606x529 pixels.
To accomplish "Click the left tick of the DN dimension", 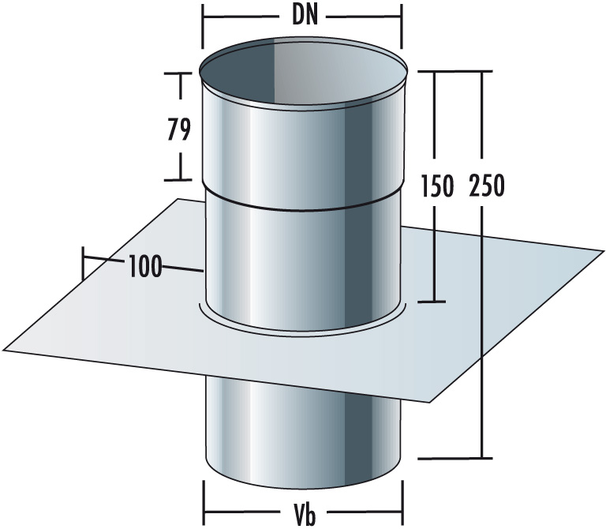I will click(x=203, y=25).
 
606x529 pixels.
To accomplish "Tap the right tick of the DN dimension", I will click(x=402, y=25).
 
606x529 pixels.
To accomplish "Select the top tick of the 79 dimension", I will click(x=179, y=73).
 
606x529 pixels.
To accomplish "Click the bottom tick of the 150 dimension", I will click(x=432, y=302).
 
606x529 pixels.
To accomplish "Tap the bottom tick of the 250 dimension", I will click(x=480, y=457).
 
